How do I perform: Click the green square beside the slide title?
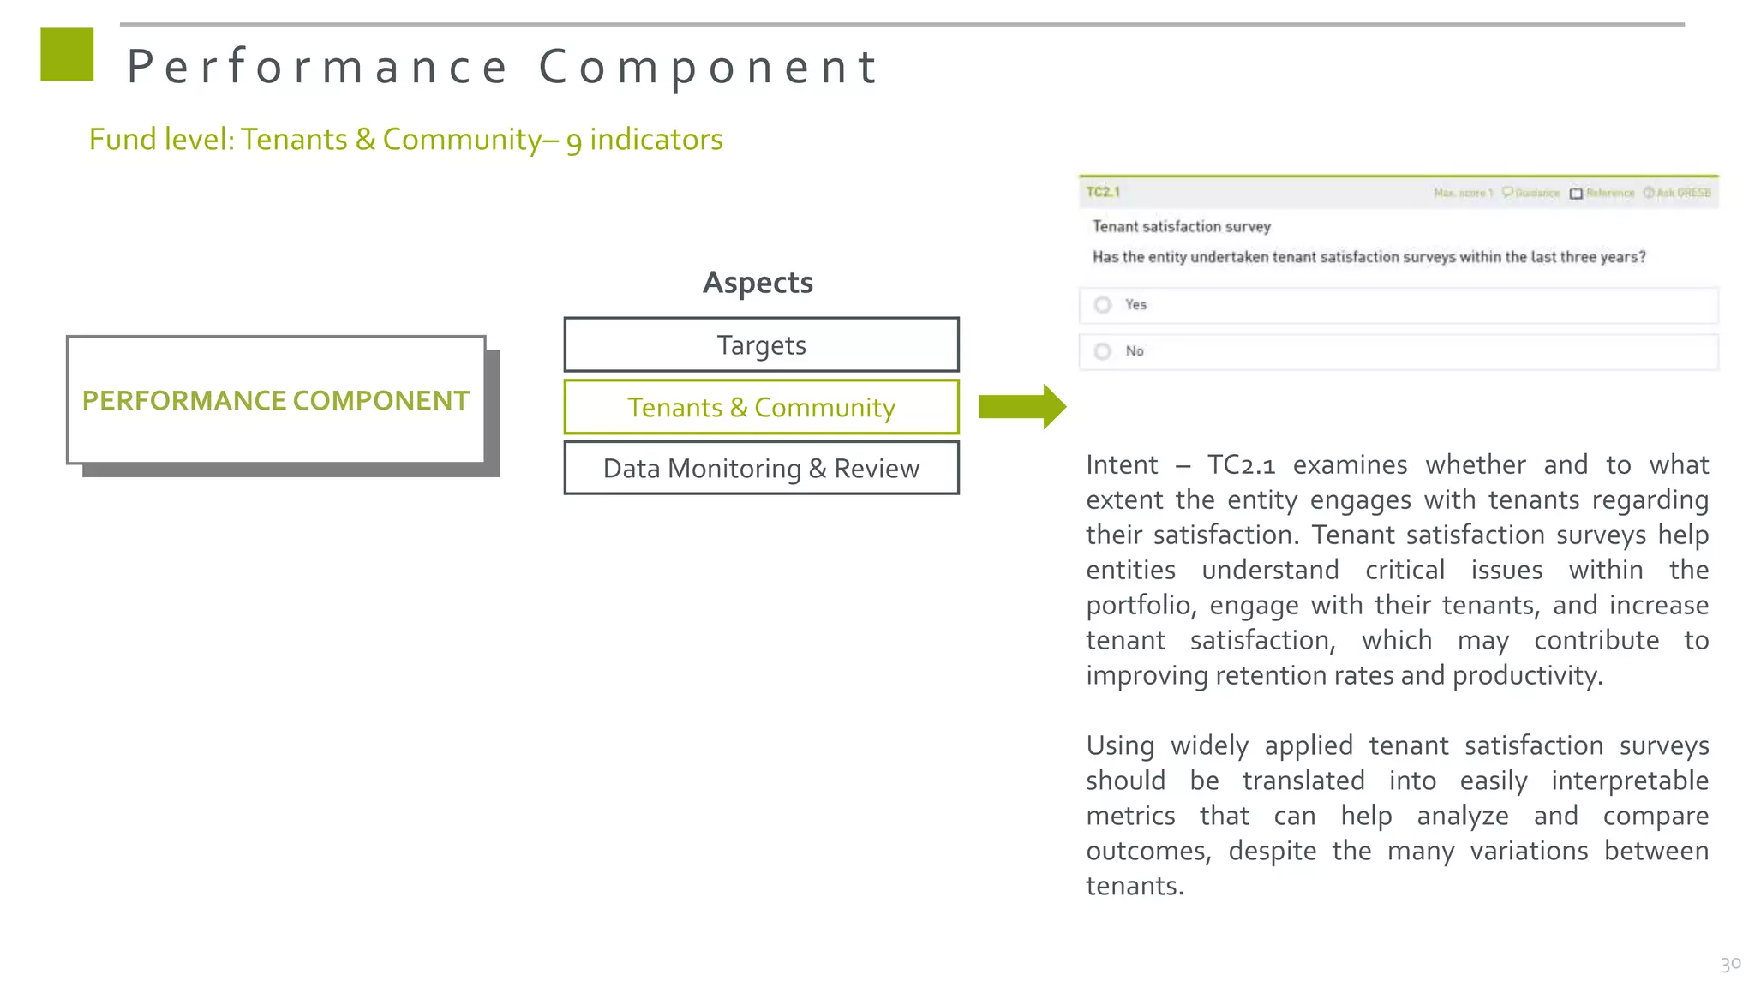[x=67, y=55]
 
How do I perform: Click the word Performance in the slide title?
[x=317, y=67]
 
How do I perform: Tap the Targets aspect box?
[x=761, y=345]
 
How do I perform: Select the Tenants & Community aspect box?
[x=761, y=408]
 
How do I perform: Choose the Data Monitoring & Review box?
[x=761, y=469]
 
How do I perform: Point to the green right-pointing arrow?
[x=1021, y=406]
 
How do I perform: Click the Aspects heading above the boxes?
[x=758, y=283]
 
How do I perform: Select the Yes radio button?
[x=1103, y=305]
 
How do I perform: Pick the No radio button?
[x=1103, y=351]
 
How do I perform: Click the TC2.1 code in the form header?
[x=1103, y=193]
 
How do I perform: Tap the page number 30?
[x=1730, y=964]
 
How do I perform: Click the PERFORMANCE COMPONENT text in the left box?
[x=275, y=401]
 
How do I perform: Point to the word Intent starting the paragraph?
[x=1121, y=465]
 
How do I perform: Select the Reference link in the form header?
[x=1608, y=194]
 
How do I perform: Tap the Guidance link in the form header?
[x=1536, y=194]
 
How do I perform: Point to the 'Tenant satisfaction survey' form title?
[x=1181, y=227]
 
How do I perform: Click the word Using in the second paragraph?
[x=1120, y=746]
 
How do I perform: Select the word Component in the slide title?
[x=708, y=67]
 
